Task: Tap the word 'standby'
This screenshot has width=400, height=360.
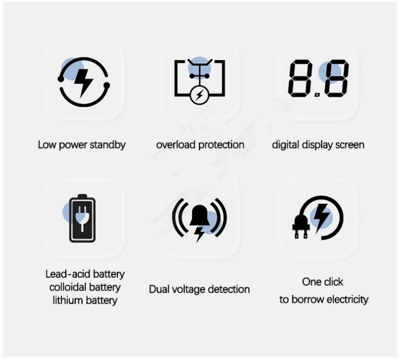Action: tap(108, 145)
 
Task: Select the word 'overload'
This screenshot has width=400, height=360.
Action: tap(176, 145)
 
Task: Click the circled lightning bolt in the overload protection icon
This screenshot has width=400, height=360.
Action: tap(200, 95)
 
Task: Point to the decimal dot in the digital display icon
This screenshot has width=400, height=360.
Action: tap(317, 95)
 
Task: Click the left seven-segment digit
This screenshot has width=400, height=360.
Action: tap(299, 78)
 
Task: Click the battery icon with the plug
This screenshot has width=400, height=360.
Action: tap(83, 218)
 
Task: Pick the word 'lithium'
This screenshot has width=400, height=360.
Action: tap(67, 301)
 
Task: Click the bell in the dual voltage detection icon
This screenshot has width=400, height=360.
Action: tap(199, 216)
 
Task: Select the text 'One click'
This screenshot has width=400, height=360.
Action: tap(323, 282)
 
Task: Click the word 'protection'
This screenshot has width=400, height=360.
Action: tap(221, 145)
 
